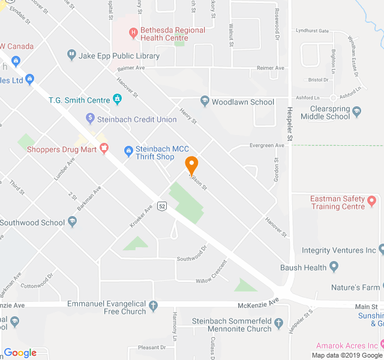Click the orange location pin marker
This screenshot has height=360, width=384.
[191, 163]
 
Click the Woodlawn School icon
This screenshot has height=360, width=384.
[205, 101]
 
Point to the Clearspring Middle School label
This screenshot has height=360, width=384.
[330, 113]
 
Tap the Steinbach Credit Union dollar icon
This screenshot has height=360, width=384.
[90, 118]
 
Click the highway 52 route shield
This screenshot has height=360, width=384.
[162, 206]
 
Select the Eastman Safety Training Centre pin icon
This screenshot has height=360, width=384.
[371, 200]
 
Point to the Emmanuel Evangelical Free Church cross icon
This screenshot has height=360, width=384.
[153, 307]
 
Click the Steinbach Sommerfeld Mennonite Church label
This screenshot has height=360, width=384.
[232, 325]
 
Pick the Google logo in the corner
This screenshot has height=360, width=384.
[20, 353]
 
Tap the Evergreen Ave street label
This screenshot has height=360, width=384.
[267, 145]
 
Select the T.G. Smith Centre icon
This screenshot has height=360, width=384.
[116, 99]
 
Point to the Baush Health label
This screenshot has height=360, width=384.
[303, 268]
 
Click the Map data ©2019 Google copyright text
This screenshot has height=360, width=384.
[347, 355]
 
